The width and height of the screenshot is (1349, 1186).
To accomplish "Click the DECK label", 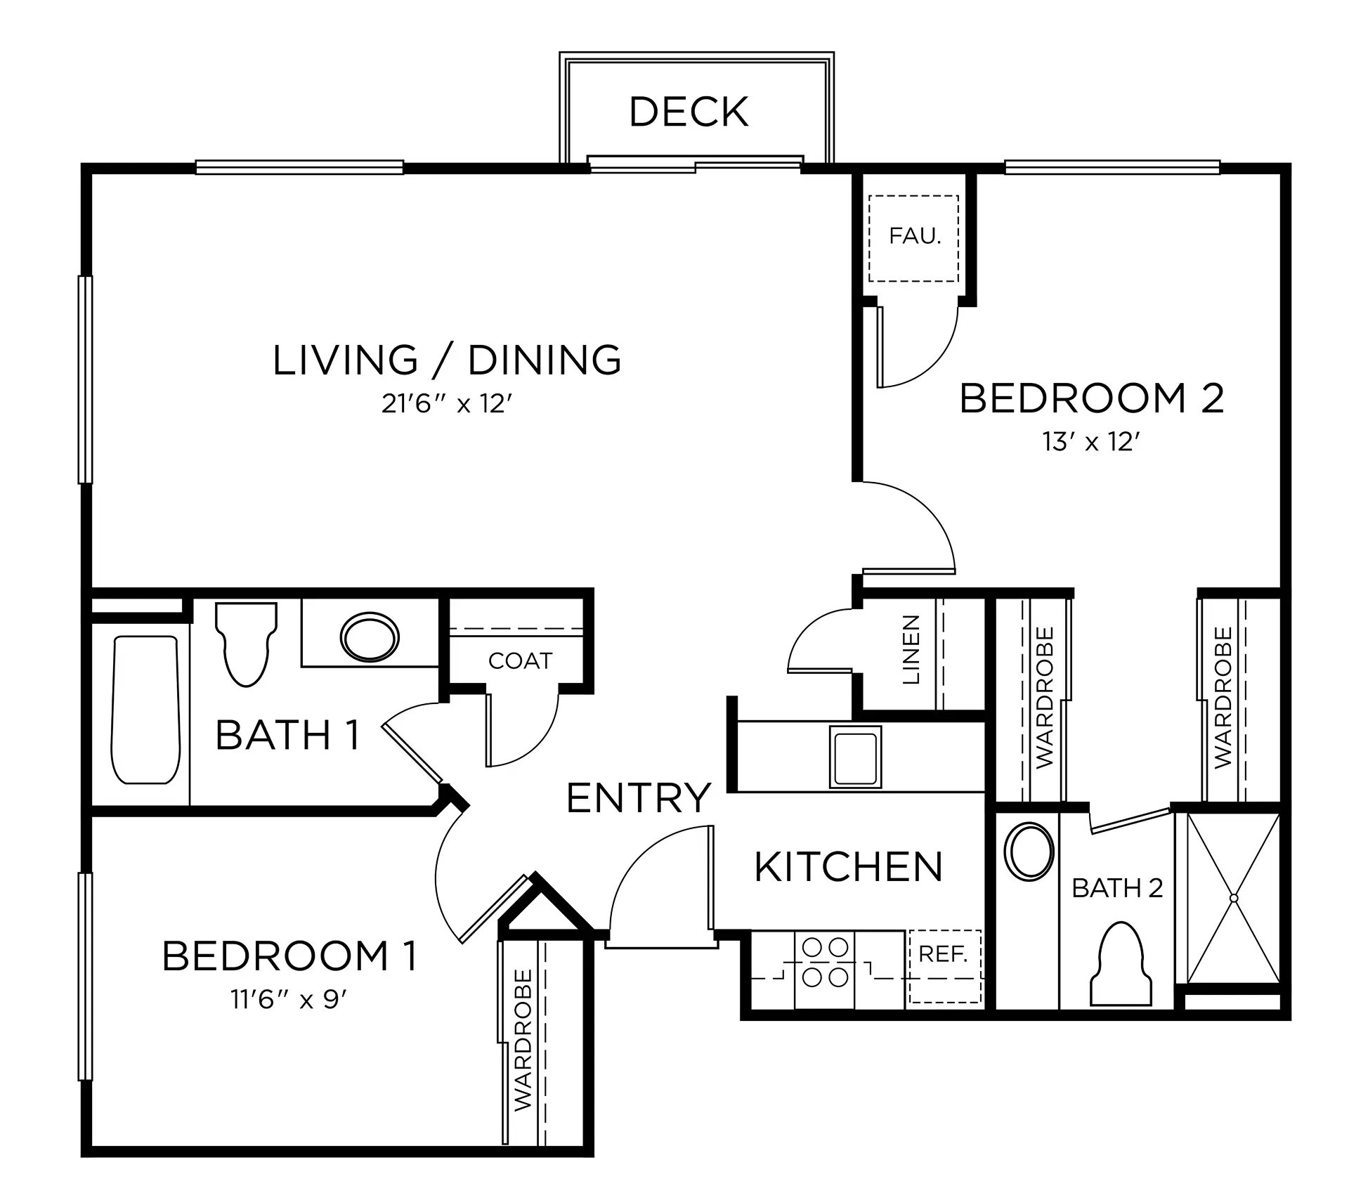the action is pyautogui.click(x=689, y=112).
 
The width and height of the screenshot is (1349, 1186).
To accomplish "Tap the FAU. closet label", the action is pyautogui.click(x=915, y=236).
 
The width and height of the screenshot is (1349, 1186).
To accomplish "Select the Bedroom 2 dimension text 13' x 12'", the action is pyautogui.click(x=1091, y=442).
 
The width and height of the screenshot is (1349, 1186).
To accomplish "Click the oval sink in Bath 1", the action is pyautogui.click(x=370, y=637).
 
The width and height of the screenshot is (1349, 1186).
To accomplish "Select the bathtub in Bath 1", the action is pyautogui.click(x=146, y=710).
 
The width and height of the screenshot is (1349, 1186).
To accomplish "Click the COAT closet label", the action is pyautogui.click(x=520, y=660).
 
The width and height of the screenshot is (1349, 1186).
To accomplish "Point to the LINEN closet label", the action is pyautogui.click(x=911, y=650).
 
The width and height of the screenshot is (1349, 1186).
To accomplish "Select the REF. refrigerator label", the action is pyautogui.click(x=944, y=954).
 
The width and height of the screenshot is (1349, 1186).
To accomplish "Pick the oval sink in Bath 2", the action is pyautogui.click(x=1030, y=850).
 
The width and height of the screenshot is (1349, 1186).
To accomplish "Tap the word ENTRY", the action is pyautogui.click(x=638, y=798).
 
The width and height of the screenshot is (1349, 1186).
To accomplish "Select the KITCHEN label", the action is pyautogui.click(x=848, y=866).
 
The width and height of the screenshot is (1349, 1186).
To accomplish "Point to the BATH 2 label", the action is pyautogui.click(x=1117, y=888).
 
